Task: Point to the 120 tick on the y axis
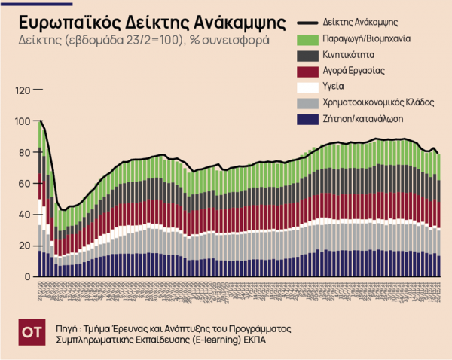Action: coord(24,90)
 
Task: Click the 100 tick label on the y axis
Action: coord(24,121)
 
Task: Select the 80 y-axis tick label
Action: coord(26,152)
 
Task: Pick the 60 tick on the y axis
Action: coord(26,184)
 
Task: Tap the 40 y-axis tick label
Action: coord(26,215)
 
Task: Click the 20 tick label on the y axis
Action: coord(26,246)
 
